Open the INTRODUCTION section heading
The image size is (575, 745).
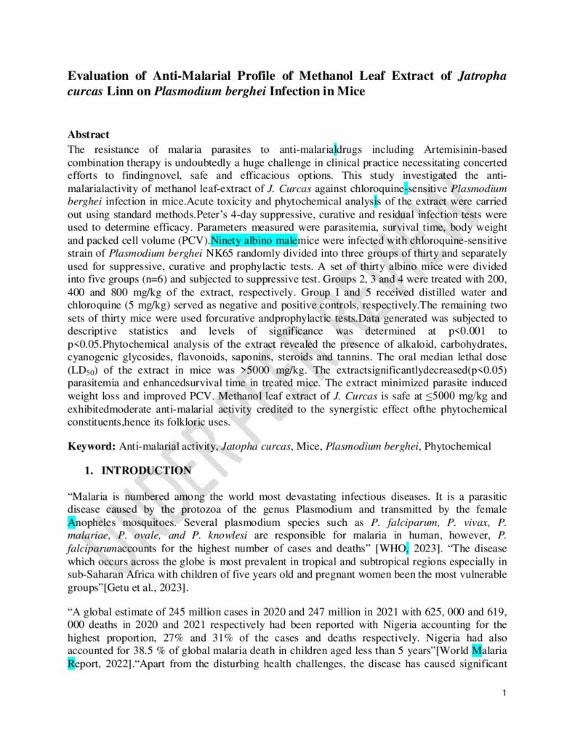tap(146, 471)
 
